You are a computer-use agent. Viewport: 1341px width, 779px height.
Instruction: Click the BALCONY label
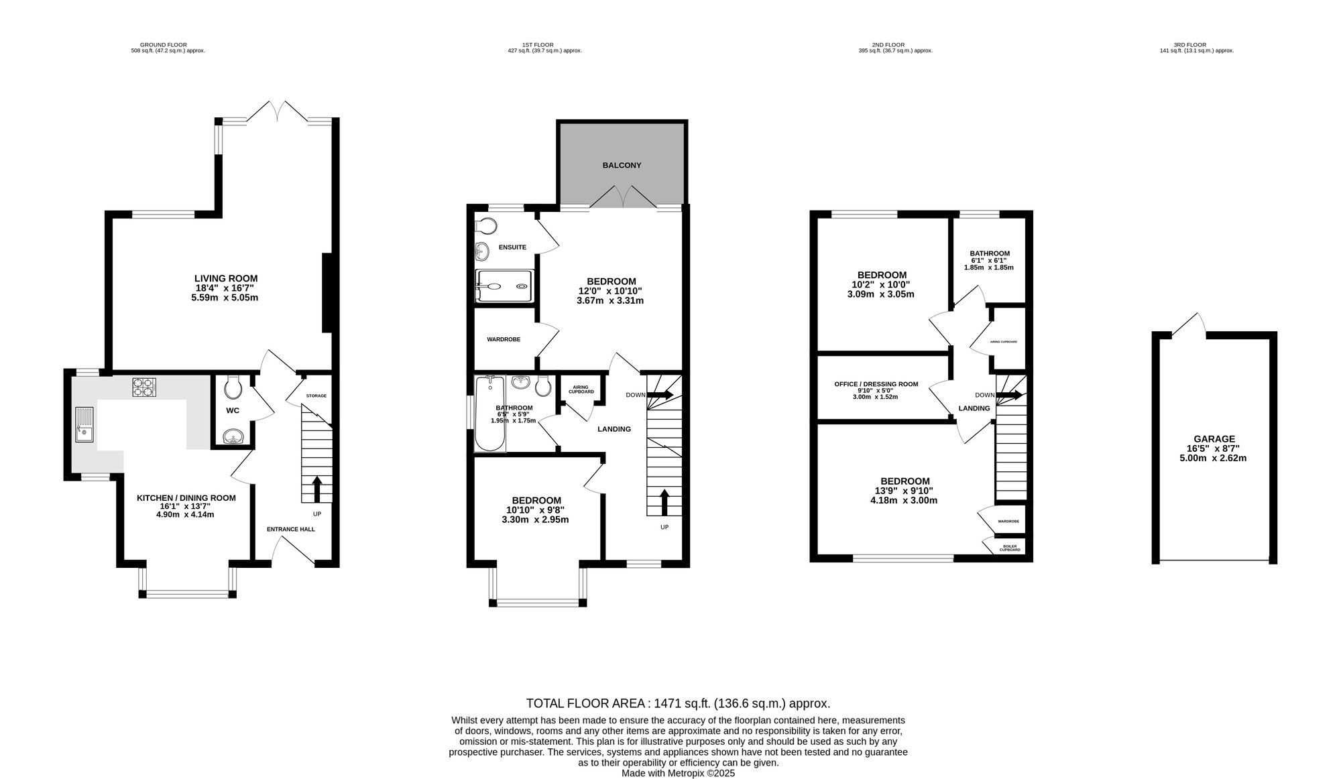pos(622,165)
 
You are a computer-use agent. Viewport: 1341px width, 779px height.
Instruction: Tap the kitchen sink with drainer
pos(85,425)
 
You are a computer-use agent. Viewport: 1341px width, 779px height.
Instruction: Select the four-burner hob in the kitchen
pos(143,387)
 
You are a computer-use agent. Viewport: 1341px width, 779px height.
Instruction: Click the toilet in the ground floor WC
pos(232,385)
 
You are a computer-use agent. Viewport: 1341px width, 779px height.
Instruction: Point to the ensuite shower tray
pos(504,286)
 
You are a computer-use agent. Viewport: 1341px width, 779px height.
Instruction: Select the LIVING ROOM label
pos(226,278)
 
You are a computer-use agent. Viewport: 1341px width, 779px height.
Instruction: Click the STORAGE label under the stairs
pos(316,396)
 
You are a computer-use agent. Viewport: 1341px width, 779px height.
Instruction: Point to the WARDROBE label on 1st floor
pos(504,339)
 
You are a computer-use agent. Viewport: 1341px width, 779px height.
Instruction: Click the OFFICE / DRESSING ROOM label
pos(876,384)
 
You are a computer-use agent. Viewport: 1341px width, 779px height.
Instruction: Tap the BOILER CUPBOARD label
pos(1010,548)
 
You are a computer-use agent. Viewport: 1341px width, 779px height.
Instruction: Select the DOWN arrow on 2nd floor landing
pos(1010,396)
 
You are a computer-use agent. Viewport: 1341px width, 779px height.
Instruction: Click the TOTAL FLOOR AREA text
pos(678,703)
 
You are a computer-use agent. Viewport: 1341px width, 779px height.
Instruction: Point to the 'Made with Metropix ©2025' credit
pos(678,773)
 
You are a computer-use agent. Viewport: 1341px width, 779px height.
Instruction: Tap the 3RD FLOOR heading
pos(1196,45)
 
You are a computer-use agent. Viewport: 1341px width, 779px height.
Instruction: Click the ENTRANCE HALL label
pos(291,529)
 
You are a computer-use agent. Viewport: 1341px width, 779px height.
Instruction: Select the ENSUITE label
pos(512,247)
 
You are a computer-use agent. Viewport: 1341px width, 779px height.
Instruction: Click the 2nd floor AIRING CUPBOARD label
pos(1004,342)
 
